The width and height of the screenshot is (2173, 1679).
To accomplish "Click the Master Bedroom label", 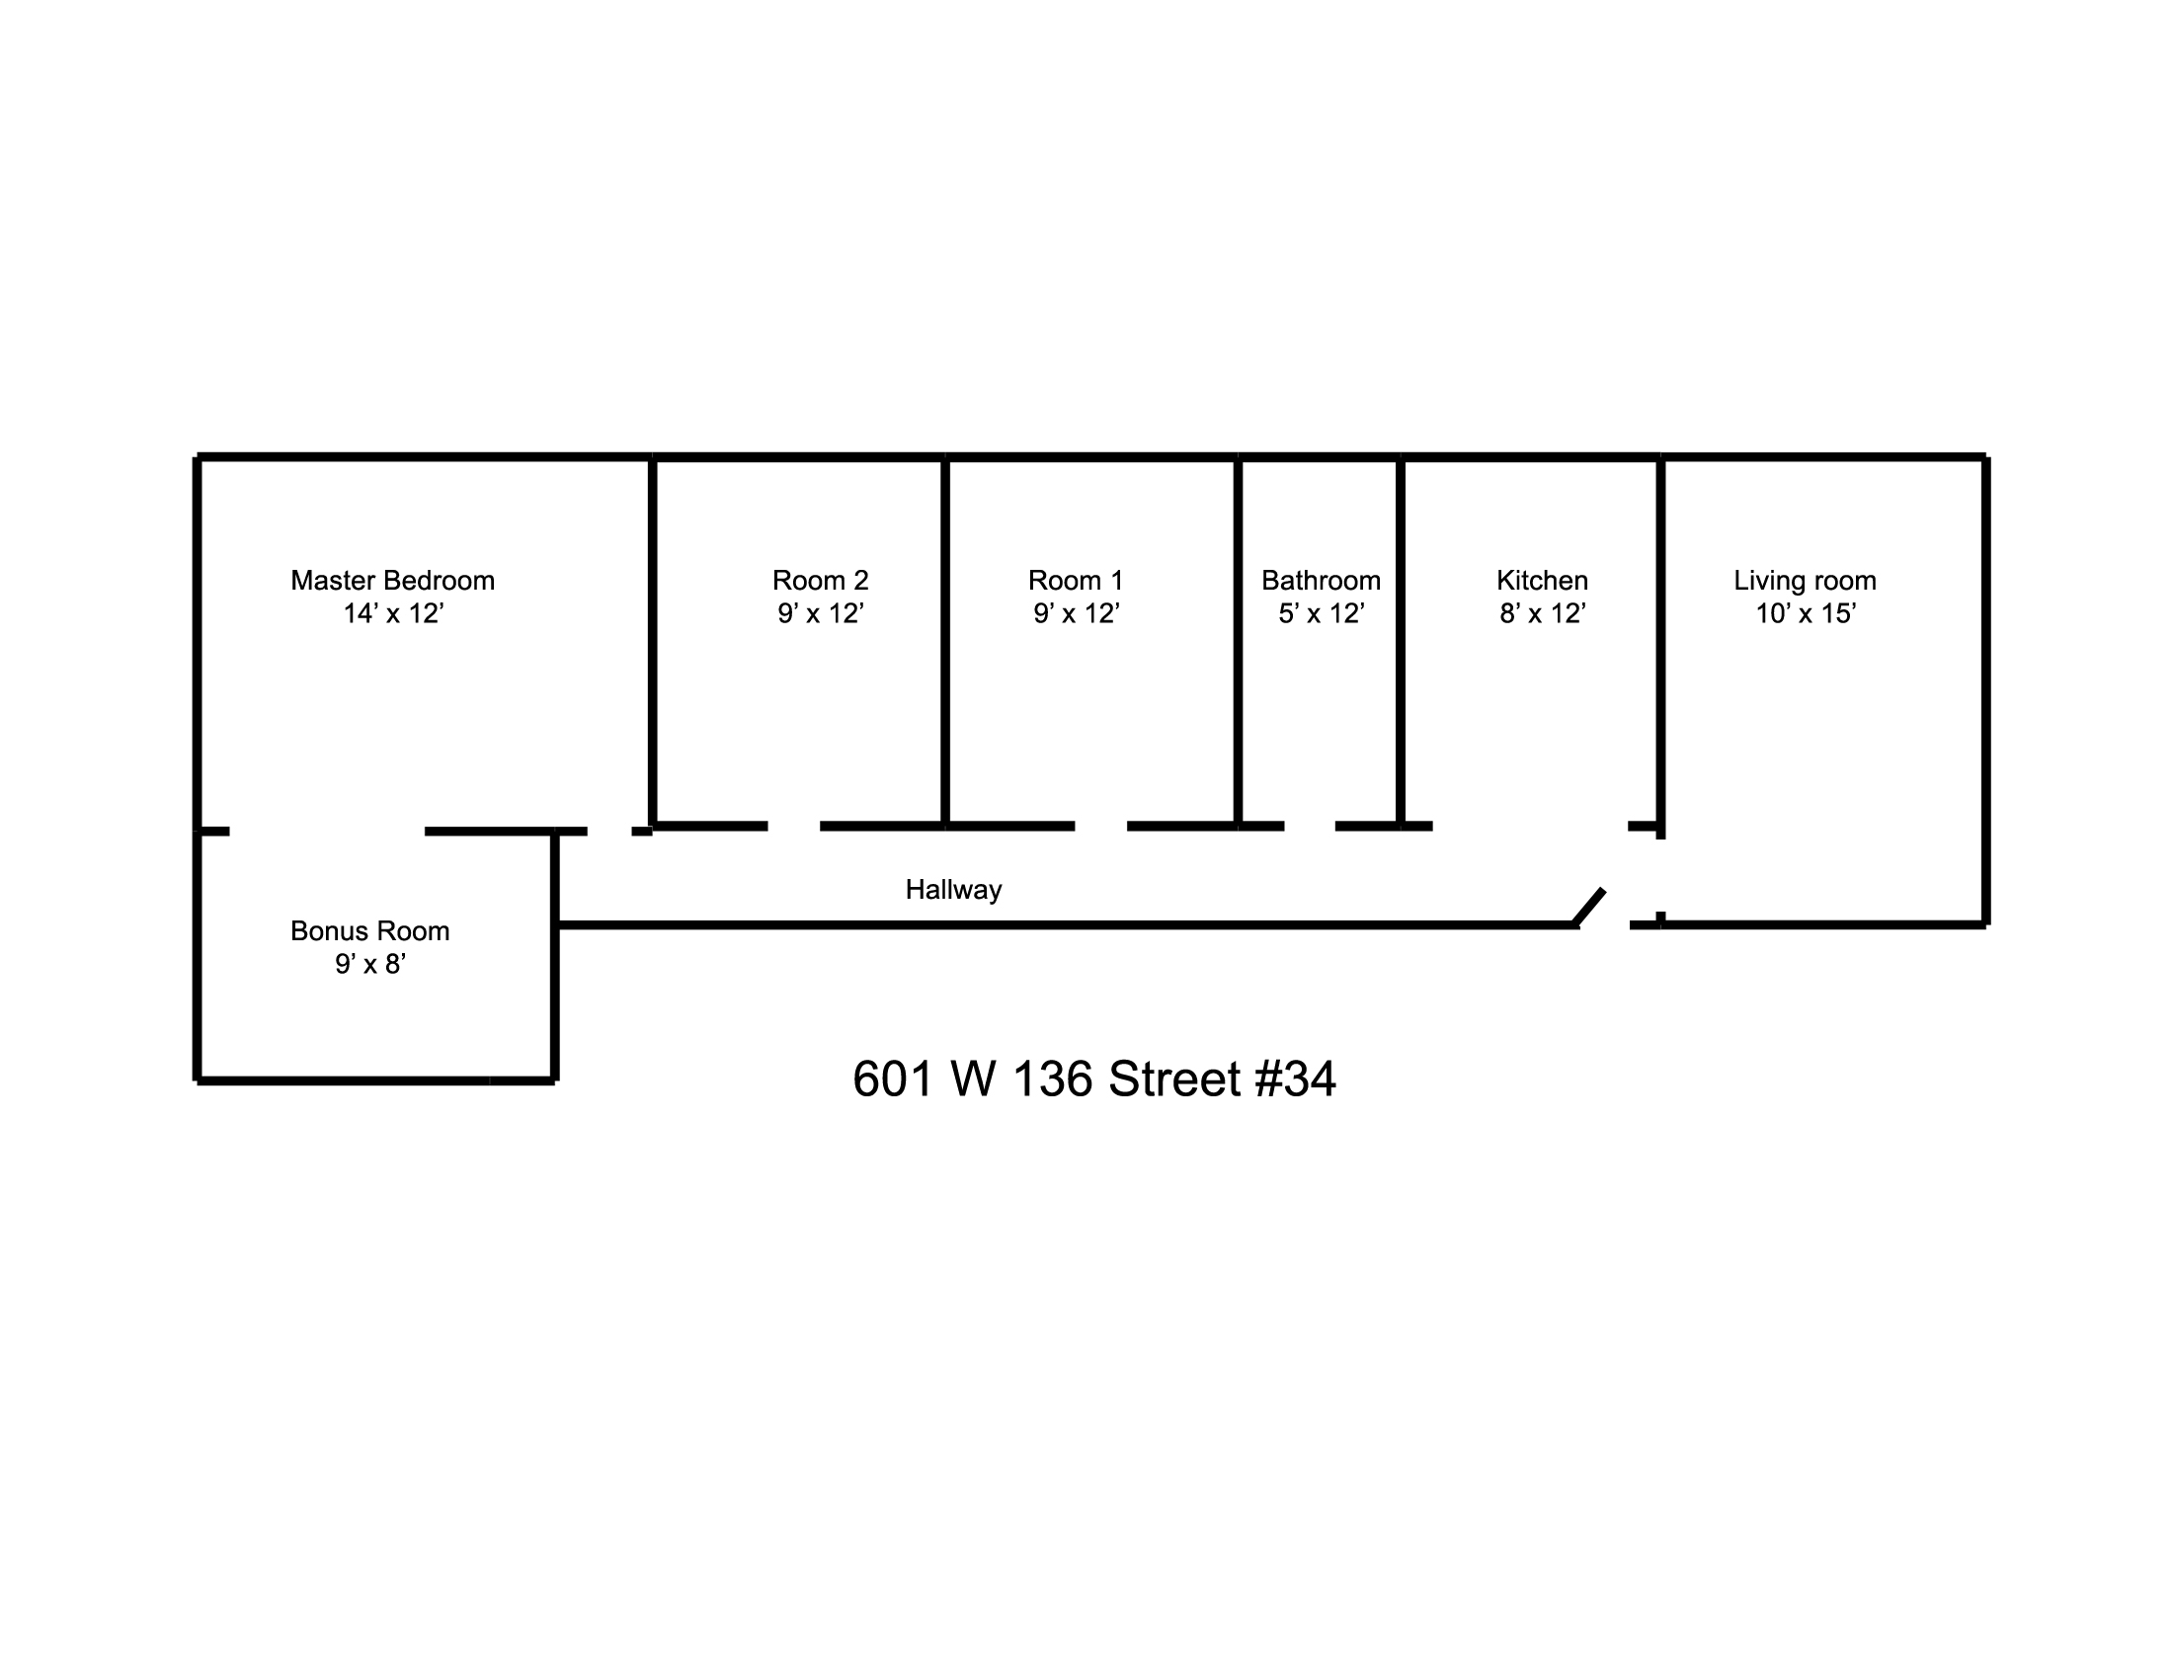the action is tap(392, 580).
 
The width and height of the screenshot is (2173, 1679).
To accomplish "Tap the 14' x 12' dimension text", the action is tap(393, 613).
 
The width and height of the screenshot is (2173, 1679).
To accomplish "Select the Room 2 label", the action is tap(820, 580).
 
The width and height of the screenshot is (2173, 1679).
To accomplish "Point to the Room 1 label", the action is tap(1076, 580).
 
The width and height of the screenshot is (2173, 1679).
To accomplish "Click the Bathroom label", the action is tap(1321, 580).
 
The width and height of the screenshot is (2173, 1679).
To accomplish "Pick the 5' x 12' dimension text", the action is tap(1321, 613).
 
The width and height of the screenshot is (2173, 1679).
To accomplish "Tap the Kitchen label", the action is tap(1541, 580).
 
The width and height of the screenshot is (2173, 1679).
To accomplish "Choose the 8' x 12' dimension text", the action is tap(1541, 613).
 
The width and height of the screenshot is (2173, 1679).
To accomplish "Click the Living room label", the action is tap(1804, 580).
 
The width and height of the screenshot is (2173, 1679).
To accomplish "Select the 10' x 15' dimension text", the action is tap(1805, 613).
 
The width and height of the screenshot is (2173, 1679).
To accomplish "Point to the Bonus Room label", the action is tap(370, 931).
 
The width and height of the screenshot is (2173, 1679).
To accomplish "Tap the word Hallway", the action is tap(953, 889).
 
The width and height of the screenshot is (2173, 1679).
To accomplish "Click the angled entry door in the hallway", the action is tap(1589, 907).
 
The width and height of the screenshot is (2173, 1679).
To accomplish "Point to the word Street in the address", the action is tap(1174, 1079).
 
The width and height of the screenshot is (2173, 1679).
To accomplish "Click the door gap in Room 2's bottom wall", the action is tap(793, 826).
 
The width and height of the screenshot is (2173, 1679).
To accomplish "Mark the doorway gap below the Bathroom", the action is tap(1310, 826).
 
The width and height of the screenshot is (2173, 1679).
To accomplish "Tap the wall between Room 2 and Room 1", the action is tap(945, 642).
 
